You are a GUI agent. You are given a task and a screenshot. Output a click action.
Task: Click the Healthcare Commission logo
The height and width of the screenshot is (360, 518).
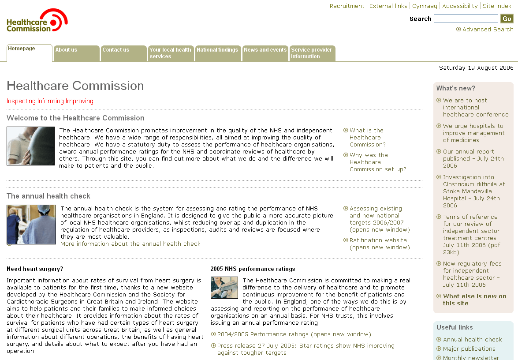37,21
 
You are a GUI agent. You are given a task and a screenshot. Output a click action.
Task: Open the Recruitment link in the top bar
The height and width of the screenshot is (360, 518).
347,6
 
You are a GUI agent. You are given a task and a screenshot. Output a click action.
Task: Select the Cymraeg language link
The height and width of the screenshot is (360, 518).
425,6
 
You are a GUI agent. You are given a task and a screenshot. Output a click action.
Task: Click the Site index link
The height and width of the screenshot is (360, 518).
497,6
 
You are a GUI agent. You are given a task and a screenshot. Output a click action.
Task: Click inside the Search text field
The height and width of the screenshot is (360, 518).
466,19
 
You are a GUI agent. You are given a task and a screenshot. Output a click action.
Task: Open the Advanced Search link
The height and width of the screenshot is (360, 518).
488,30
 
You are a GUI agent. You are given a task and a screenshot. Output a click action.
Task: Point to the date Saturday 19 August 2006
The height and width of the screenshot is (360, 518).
476,68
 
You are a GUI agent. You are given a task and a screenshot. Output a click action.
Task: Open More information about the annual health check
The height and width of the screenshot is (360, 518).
130,244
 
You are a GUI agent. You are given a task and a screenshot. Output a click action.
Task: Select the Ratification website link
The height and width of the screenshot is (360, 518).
378,240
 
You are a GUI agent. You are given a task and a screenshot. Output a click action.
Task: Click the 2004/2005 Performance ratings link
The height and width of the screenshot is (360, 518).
294,334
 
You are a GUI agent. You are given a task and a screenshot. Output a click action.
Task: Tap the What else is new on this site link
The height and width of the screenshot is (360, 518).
474,300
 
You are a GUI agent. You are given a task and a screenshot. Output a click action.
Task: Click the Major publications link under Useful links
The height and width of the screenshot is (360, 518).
469,349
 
